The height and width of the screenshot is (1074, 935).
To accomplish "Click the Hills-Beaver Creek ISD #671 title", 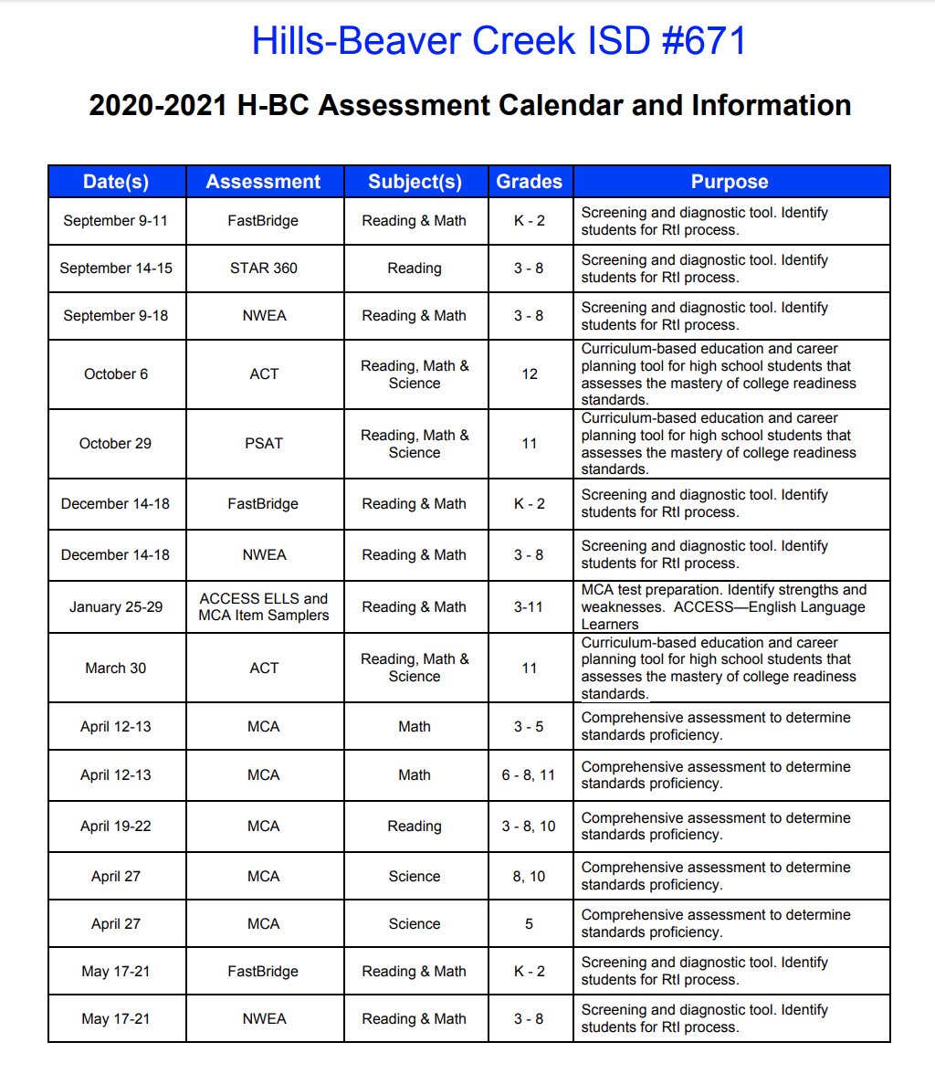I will (499, 41).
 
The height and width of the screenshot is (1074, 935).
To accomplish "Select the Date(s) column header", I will (116, 182).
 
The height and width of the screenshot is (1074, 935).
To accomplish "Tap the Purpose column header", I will (730, 182).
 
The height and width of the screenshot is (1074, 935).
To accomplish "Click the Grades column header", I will (530, 182).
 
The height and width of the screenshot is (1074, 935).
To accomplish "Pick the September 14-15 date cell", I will (116, 268).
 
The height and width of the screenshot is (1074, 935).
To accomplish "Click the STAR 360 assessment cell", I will (264, 268).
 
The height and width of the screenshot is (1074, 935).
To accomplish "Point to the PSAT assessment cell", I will (264, 444).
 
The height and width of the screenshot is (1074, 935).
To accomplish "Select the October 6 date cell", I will (116, 374).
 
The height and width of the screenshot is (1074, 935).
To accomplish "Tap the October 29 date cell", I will (116, 444).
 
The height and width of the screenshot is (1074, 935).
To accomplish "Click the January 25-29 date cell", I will (116, 607).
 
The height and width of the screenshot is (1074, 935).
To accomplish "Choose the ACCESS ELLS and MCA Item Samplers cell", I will (264, 607).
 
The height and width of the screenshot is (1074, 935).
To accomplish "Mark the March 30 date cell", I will (116, 669).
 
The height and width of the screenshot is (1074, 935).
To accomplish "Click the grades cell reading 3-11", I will (530, 607).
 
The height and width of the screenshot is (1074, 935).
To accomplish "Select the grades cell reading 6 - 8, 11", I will (530, 775).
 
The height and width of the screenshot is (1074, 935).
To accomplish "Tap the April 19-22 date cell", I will (116, 827).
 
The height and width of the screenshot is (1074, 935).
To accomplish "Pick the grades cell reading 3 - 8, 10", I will (530, 827).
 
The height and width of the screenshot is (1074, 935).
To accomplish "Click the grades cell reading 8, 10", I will (530, 877).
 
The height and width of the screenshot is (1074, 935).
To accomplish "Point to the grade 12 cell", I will (530, 374).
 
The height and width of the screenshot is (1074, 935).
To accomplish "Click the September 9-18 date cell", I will (116, 316).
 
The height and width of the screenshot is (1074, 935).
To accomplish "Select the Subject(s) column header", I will (415, 182).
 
